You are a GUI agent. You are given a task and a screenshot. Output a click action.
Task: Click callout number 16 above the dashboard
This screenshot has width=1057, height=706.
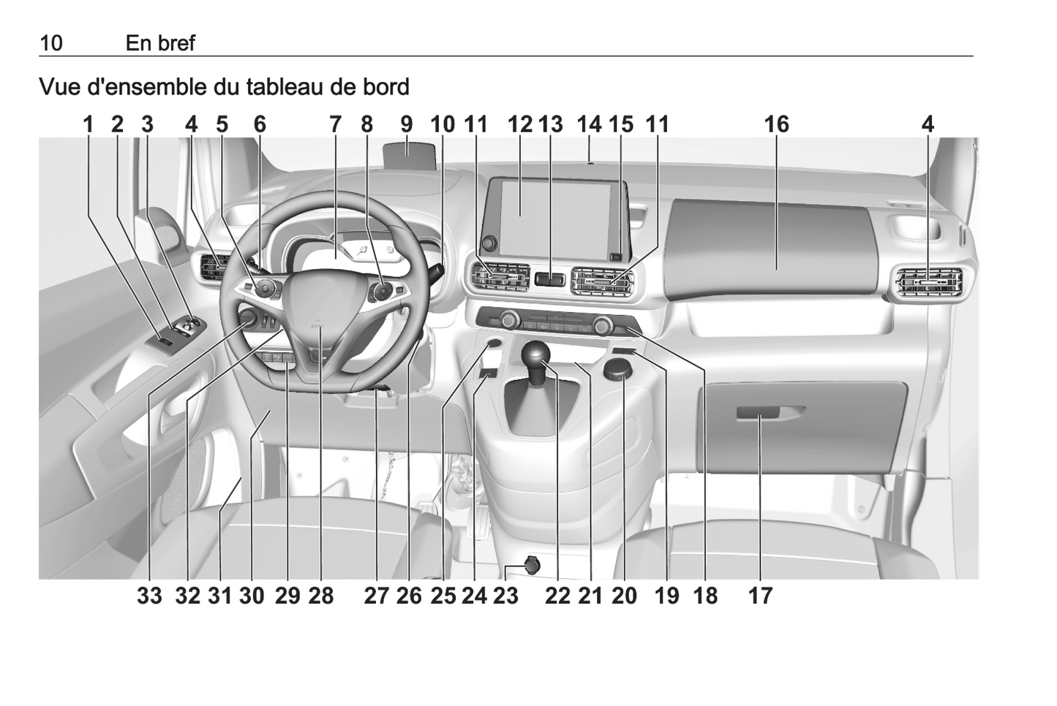click(x=776, y=124)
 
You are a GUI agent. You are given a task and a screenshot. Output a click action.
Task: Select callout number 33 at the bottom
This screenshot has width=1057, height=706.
click(x=149, y=596)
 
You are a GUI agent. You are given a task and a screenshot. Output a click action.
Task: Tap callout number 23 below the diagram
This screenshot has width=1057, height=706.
click(x=506, y=596)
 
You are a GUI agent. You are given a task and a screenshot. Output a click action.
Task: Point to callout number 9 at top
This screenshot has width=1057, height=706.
click(x=407, y=124)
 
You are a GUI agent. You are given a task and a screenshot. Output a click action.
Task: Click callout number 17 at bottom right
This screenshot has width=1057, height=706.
click(x=761, y=596)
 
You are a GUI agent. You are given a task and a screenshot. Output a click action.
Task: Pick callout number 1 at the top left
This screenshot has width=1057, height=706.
click(x=89, y=124)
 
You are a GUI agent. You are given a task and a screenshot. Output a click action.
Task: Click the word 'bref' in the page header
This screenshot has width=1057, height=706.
click(x=177, y=43)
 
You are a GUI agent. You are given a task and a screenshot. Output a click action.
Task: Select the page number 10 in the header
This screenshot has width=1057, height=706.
click(x=51, y=43)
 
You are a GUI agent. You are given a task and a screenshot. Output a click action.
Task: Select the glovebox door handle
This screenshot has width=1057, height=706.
click(x=758, y=413)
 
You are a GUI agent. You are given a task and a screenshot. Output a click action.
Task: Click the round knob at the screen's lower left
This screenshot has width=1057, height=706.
click(x=489, y=243)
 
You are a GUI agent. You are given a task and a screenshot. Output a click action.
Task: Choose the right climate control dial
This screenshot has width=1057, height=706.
click(x=602, y=325)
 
